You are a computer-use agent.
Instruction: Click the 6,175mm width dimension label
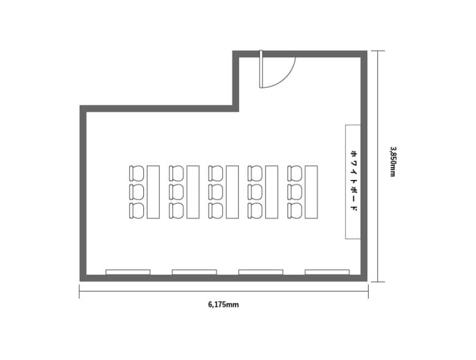click(223, 304)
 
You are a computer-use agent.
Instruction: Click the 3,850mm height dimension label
click(393, 162)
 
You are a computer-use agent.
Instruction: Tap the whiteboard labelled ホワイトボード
click(353, 181)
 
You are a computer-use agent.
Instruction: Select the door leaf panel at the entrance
click(261, 69)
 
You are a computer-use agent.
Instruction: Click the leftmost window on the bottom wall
click(128, 272)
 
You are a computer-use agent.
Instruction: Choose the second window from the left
click(194, 272)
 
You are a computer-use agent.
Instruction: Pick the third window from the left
click(261, 272)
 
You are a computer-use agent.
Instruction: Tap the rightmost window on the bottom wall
click(327, 272)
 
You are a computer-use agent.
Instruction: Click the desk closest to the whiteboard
click(311, 192)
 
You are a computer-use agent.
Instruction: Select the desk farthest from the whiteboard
click(153, 192)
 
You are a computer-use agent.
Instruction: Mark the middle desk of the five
click(233, 192)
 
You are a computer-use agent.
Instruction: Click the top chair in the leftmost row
click(136, 173)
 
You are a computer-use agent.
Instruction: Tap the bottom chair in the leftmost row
click(136, 211)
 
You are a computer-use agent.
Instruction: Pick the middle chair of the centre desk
click(215, 192)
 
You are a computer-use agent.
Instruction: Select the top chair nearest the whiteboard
click(295, 173)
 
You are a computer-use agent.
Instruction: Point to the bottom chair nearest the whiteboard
click(295, 211)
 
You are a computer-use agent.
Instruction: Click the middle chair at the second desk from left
click(176, 192)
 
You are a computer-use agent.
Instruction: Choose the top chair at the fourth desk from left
click(255, 173)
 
